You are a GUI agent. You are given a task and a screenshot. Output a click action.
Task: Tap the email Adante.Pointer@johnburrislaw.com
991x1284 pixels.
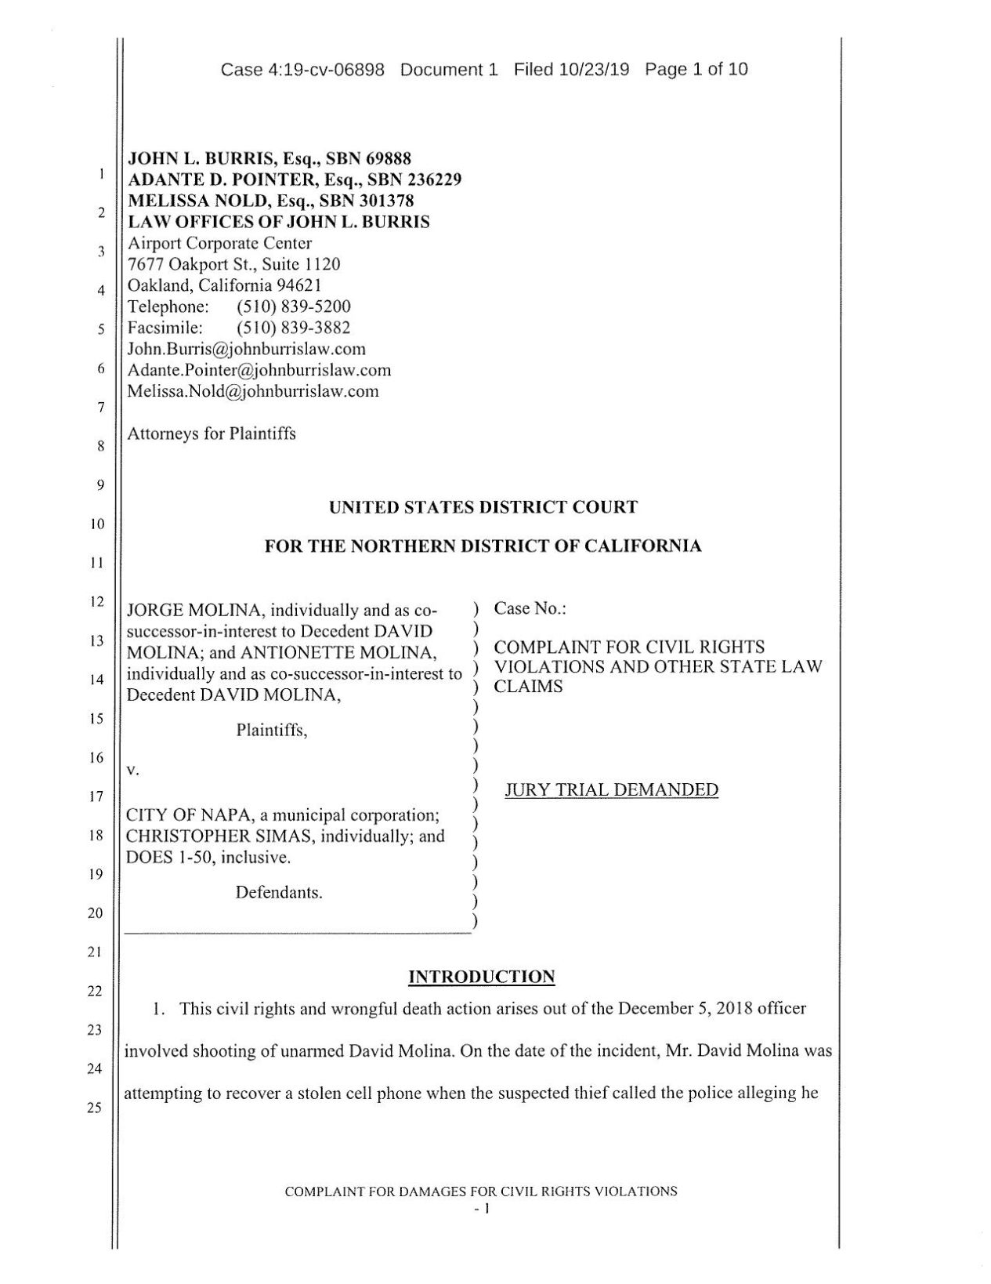pos(259,370)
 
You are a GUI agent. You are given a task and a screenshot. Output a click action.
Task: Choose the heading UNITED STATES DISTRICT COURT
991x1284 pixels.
pos(483,507)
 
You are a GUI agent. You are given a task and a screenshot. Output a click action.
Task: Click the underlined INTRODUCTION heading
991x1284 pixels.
pos(482,977)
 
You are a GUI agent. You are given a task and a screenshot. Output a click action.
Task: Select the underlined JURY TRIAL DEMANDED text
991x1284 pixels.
pos(611,790)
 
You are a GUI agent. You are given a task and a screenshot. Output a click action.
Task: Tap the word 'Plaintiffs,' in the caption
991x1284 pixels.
pos(272,731)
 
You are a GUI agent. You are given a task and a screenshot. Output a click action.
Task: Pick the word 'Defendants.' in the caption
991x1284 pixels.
pos(279,893)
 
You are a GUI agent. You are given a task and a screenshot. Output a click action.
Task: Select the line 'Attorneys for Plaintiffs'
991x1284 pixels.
pos(212,433)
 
